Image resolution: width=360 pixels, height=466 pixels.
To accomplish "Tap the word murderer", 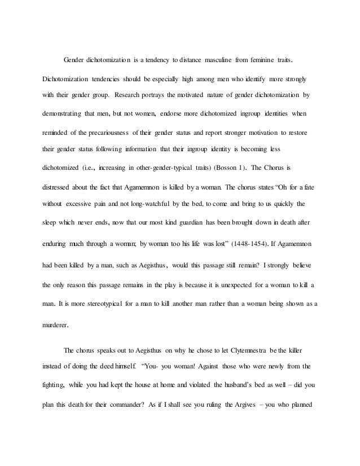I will pos(55,310).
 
